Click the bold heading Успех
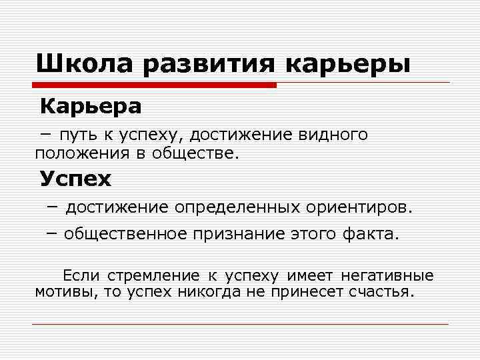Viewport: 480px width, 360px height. click(x=75, y=179)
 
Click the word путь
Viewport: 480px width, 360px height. click(x=78, y=135)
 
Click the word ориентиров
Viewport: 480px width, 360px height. click(x=360, y=207)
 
